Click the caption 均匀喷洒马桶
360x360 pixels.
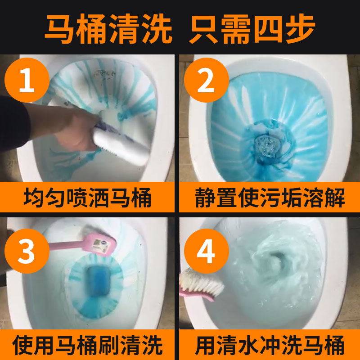[88, 197]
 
